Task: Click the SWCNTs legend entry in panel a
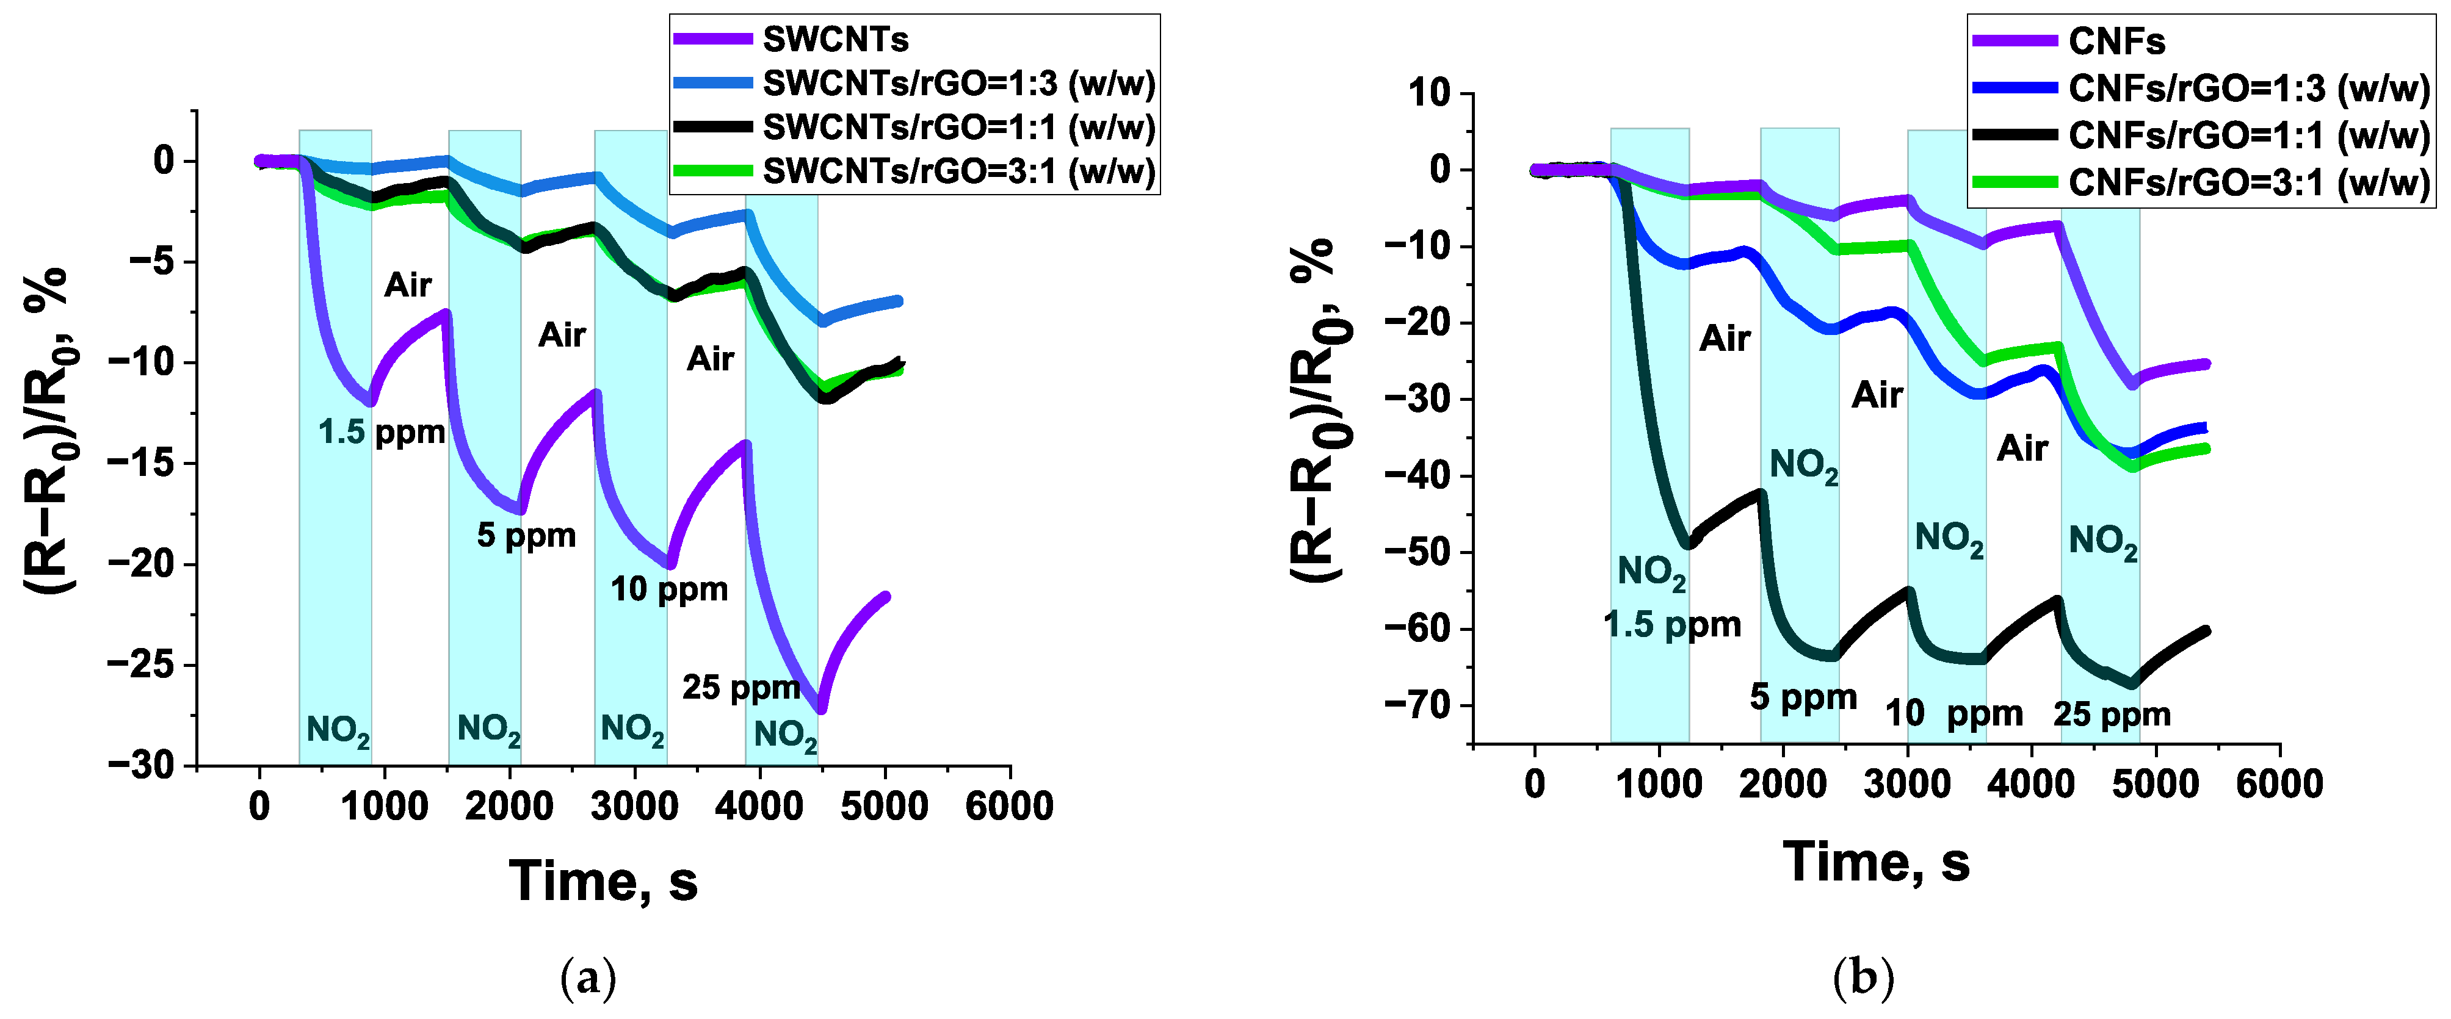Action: click(834, 40)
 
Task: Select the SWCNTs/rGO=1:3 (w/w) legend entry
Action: click(958, 84)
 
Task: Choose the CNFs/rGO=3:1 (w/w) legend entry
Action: click(2248, 182)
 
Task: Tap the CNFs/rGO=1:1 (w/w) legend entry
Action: click(2248, 135)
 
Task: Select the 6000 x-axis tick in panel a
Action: click(1008, 807)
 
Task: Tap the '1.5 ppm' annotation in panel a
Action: click(382, 433)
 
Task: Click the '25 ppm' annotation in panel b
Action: click(2112, 715)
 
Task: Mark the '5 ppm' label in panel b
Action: click(1803, 697)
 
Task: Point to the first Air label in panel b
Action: click(1724, 339)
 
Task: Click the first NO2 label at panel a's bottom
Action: click(337, 731)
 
